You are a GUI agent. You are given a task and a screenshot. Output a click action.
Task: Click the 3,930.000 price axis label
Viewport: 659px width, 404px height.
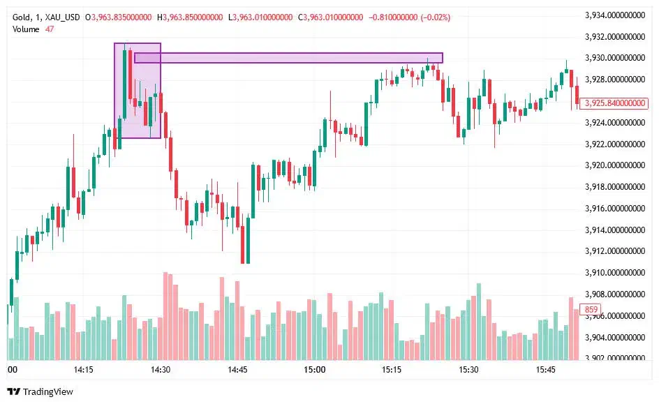pos(614,58)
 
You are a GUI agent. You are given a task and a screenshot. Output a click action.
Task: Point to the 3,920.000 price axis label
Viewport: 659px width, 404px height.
pos(614,165)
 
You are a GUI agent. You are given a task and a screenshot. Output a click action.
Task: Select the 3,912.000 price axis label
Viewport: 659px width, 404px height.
pos(614,251)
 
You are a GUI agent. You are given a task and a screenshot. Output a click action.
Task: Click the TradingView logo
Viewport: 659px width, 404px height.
pos(40,391)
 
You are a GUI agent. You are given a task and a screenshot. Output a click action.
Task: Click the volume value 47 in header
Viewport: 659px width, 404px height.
pos(50,29)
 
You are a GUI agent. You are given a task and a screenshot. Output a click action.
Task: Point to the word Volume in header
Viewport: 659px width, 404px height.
pos(27,29)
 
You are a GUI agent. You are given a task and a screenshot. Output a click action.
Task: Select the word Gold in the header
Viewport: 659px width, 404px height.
pos(20,17)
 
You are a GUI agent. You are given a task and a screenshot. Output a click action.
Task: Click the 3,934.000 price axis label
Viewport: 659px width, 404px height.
pos(614,15)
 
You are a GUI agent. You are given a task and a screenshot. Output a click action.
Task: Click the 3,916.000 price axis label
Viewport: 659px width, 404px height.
pos(614,209)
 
